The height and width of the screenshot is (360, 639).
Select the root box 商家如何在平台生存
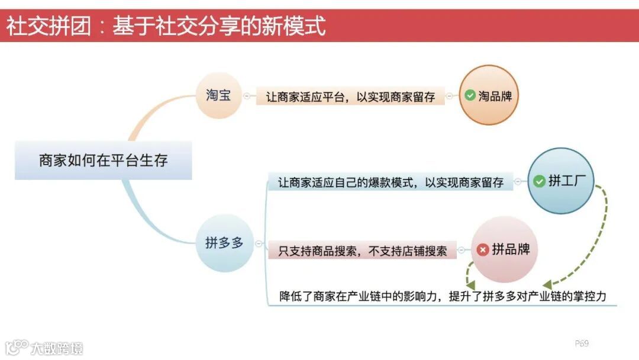pyautogui.click(x=104, y=160)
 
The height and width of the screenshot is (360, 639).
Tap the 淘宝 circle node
pyautogui.click(x=218, y=95)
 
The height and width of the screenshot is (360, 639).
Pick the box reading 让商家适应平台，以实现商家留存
pyautogui.click(x=350, y=97)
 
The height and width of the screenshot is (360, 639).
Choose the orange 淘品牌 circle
pyautogui.click(x=489, y=95)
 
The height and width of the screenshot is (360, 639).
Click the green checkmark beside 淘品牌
pyautogui.click(x=470, y=95)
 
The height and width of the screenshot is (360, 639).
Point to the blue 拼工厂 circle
pyautogui.click(x=560, y=181)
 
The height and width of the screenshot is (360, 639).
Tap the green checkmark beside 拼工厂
pyautogui.click(x=539, y=181)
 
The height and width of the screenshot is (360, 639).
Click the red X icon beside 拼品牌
pyautogui.click(x=483, y=250)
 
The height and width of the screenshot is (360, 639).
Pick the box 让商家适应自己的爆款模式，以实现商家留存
pyautogui.click(x=390, y=182)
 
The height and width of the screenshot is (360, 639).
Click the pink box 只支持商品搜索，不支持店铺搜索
pyautogui.click(x=363, y=250)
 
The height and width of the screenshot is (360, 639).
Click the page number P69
pyautogui.click(x=582, y=343)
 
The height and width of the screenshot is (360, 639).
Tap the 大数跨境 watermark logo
pyautogui.click(x=44, y=347)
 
